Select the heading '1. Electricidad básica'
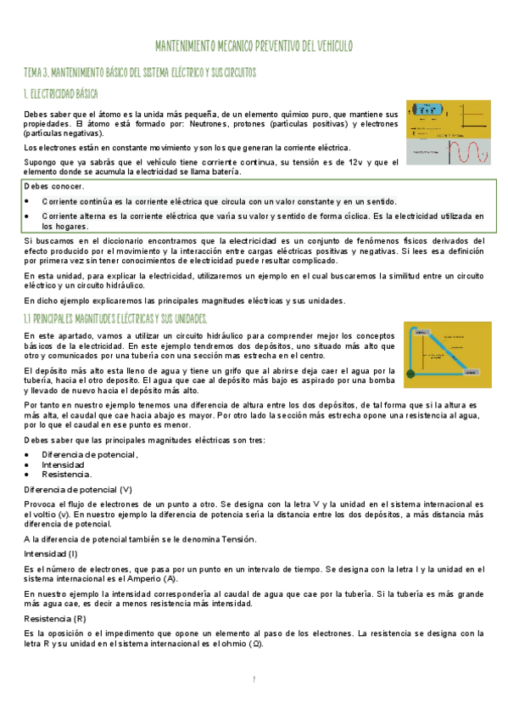(x=61, y=93)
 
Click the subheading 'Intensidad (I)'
(x=52, y=553)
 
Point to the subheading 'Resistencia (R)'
(x=55, y=620)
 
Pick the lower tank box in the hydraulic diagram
(x=476, y=371)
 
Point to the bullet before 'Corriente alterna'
(x=28, y=217)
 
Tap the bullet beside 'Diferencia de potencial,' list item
(x=28, y=455)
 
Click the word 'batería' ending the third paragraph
(x=224, y=172)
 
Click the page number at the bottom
(x=254, y=679)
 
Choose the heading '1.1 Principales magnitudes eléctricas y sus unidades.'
(x=116, y=318)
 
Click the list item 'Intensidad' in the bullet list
(x=63, y=465)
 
